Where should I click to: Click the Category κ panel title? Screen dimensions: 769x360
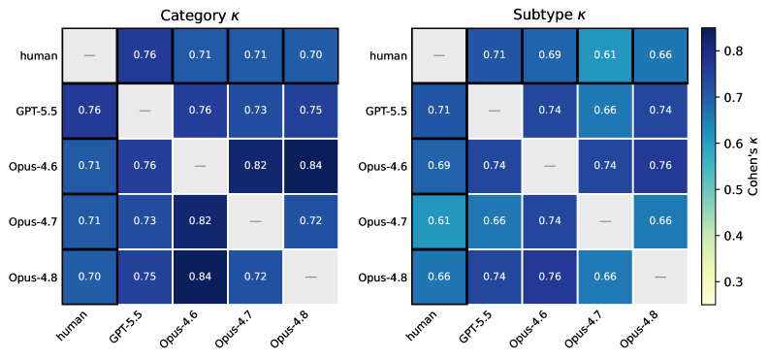point(200,16)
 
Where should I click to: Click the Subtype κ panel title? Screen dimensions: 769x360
point(549,16)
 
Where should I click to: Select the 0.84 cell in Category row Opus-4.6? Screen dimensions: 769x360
point(310,166)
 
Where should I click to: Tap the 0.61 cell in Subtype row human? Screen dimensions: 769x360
point(605,55)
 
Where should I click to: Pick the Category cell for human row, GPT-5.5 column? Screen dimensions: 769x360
point(144,55)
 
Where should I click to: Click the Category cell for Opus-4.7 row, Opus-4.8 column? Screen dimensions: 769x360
point(310,221)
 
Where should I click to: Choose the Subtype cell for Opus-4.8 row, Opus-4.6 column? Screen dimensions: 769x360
point(550,277)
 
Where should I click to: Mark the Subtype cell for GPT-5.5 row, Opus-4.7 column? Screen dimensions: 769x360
point(605,111)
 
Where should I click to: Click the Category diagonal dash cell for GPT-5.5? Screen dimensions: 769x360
point(144,111)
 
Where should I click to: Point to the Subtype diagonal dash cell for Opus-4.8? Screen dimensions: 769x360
point(660,277)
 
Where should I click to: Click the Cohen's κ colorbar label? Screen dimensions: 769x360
point(753,167)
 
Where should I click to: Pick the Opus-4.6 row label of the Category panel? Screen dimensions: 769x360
point(33,166)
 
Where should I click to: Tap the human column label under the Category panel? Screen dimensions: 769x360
point(73,330)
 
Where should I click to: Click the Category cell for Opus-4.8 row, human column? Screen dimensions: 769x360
point(89,277)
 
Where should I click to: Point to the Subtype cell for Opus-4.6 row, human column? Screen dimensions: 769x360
point(439,166)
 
